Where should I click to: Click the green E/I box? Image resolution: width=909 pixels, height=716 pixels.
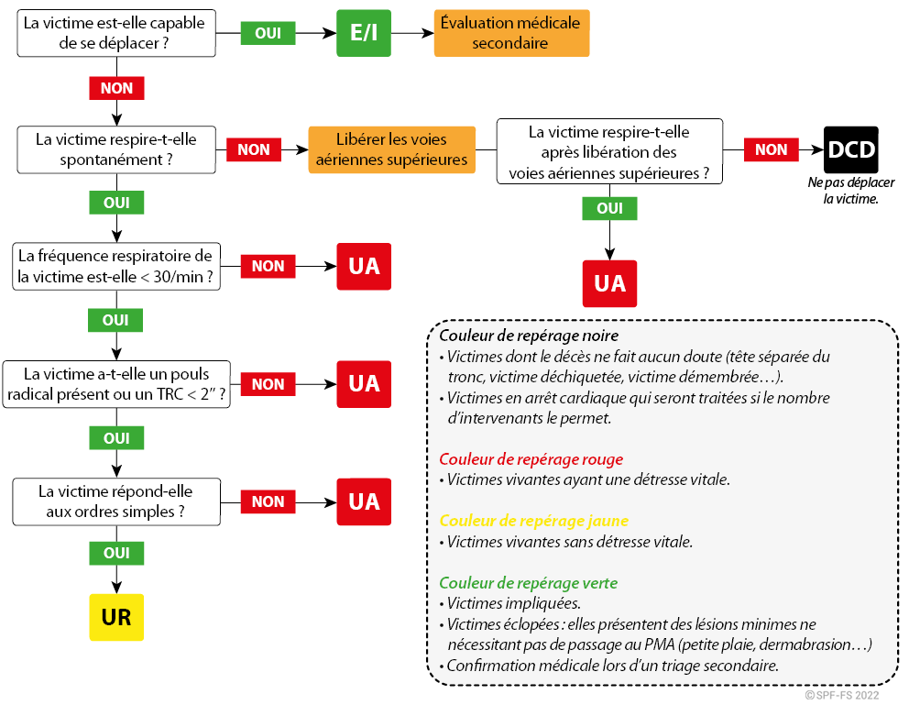point(364,33)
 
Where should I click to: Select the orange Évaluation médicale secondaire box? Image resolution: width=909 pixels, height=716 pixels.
point(511,33)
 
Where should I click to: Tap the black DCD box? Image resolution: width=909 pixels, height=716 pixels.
point(851,149)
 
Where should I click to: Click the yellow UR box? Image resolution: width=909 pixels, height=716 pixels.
point(116,617)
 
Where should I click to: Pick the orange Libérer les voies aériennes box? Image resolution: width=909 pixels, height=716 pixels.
point(392,149)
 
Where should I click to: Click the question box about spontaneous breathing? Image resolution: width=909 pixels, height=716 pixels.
point(116,149)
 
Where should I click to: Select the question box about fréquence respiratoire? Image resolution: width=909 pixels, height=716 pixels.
point(116,267)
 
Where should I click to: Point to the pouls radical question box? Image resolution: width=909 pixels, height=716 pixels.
point(116,384)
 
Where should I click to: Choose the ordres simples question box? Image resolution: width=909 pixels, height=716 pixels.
point(116,501)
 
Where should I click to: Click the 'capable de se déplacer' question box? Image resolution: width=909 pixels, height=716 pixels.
point(116,33)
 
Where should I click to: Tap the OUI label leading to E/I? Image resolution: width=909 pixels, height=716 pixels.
point(268,33)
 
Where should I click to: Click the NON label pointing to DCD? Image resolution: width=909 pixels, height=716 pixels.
point(771,149)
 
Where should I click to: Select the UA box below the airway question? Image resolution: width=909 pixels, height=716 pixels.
point(610,283)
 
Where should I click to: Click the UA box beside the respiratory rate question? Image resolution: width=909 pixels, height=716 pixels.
point(364,267)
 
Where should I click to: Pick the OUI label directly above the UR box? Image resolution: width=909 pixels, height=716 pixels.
point(116,553)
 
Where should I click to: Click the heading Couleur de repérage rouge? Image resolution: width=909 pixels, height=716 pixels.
point(531,459)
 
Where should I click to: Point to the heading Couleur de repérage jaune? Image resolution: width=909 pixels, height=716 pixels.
point(534,521)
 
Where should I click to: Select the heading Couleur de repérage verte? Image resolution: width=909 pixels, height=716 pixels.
point(528,582)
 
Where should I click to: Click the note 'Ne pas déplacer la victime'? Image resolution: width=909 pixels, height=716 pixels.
point(851,191)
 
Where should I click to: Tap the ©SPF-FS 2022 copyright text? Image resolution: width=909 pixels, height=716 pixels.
point(842,695)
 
